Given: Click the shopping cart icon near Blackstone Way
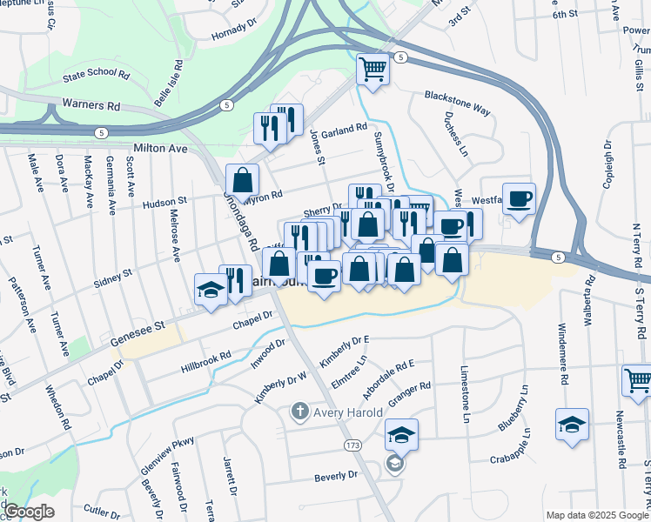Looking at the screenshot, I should pos(372,69).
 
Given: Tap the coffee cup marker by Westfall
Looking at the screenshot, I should pos(519,199).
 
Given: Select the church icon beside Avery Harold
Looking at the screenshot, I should pos(299,410).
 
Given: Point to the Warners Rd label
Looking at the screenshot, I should pos(91,105).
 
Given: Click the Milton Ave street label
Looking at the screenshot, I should pos(160,149).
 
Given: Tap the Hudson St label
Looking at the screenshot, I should pos(164,203).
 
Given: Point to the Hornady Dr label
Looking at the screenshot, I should pos(234,35).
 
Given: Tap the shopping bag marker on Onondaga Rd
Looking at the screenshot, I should pos(243,181).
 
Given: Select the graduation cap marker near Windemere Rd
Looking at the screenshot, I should pos(571,425).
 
